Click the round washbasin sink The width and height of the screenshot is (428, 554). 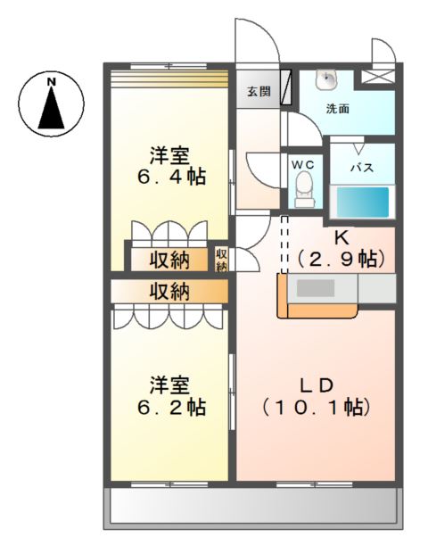[x=327, y=80]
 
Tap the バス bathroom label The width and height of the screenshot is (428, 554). [x=360, y=168]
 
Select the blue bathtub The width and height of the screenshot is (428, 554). [x=362, y=202]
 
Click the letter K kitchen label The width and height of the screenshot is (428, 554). [x=340, y=238]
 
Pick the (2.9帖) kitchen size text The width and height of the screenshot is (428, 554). [x=340, y=260]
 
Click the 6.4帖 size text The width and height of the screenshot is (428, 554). [x=170, y=177]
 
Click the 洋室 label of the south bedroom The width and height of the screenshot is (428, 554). [x=169, y=385]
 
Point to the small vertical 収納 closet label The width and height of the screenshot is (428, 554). [x=222, y=259]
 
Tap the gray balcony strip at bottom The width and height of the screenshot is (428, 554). [x=251, y=509]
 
